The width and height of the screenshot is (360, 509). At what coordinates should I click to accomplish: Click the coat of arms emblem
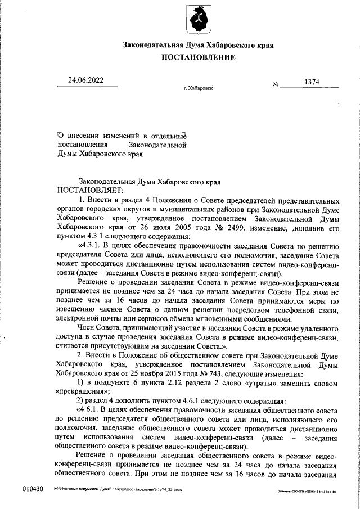tap(198, 20)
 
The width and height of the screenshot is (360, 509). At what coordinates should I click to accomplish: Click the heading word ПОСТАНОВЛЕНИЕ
tap(198, 58)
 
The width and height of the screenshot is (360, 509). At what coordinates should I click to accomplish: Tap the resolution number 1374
tap(312, 82)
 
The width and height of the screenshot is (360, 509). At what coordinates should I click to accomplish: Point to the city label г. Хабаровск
tap(199, 89)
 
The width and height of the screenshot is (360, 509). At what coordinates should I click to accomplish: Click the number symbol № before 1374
tap(276, 84)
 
